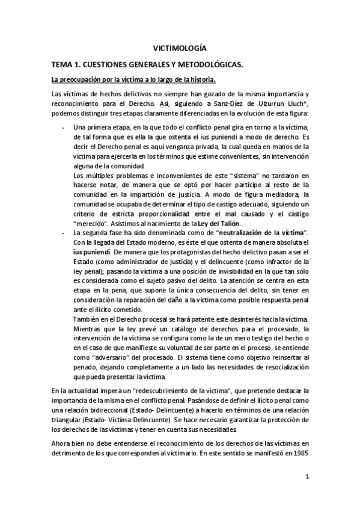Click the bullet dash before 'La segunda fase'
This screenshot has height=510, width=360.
[x=64, y=232]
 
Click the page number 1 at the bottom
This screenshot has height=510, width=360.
[x=307, y=478]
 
